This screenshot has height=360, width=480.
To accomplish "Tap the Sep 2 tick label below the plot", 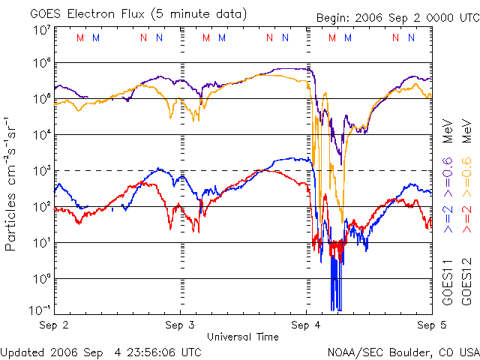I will tap(55, 326).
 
